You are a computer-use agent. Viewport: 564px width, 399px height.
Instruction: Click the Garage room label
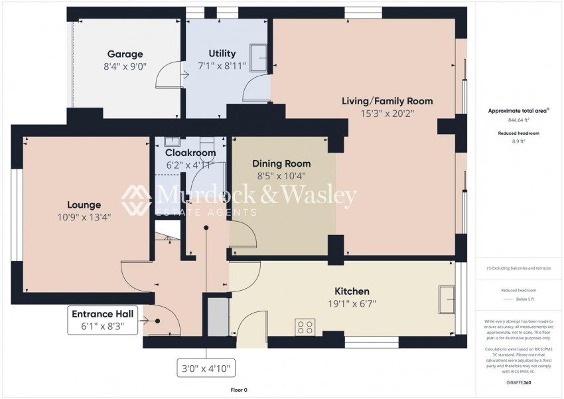click(x=125, y=54)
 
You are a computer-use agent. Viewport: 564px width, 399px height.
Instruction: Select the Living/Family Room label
click(x=387, y=101)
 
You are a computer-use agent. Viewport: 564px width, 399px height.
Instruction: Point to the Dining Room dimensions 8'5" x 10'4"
click(x=281, y=176)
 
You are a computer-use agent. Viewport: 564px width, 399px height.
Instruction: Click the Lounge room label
click(x=84, y=205)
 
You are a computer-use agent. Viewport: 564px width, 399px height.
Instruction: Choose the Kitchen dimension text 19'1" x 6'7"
click(x=352, y=304)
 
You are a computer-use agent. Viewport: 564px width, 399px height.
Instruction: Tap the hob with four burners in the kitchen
click(x=305, y=327)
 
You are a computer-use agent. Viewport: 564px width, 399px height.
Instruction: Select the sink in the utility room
click(x=257, y=56)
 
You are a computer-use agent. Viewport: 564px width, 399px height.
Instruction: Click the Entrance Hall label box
click(x=103, y=320)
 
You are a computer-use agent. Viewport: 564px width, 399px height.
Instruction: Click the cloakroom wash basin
click(x=172, y=141)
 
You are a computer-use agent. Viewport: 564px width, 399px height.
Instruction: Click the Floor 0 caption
click(x=238, y=390)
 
